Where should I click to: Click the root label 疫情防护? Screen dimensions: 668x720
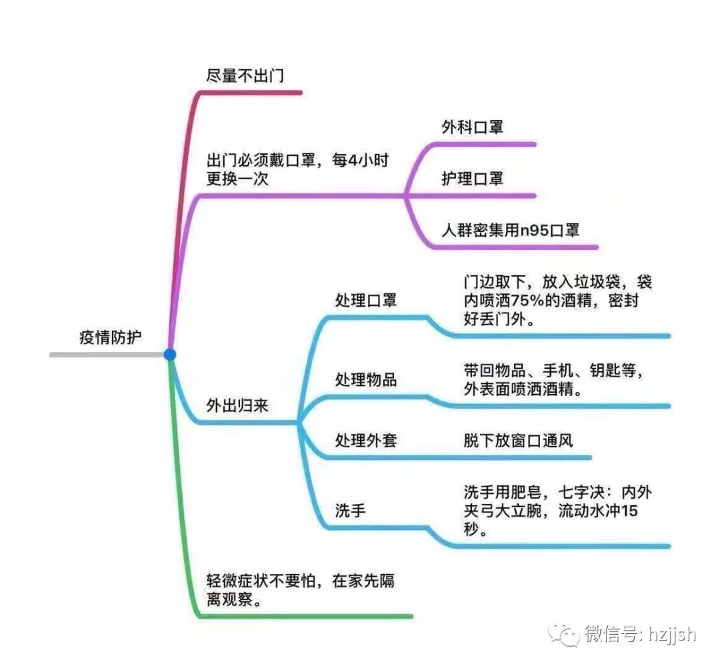click(x=111, y=337)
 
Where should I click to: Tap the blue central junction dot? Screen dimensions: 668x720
click(x=170, y=355)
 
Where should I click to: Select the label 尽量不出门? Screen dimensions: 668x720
click(x=245, y=76)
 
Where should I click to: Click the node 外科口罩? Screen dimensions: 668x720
click(x=472, y=127)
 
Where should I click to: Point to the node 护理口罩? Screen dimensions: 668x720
click(x=472, y=179)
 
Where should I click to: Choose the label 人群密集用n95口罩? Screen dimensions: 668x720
click(x=510, y=231)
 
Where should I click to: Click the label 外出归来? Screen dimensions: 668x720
click(x=237, y=405)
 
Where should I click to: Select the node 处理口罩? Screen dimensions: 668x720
click(x=365, y=301)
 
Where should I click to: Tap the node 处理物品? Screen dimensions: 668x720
click(x=365, y=380)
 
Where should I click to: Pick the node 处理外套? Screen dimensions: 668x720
click(x=365, y=441)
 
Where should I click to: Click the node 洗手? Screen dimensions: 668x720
click(x=350, y=511)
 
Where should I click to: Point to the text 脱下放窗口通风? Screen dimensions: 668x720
click(x=518, y=441)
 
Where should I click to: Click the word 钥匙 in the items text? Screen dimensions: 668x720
click(x=605, y=371)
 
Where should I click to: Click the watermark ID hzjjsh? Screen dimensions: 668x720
click(x=672, y=634)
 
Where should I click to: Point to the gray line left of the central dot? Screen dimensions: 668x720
click(x=107, y=355)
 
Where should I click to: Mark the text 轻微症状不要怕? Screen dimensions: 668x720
click(x=257, y=581)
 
